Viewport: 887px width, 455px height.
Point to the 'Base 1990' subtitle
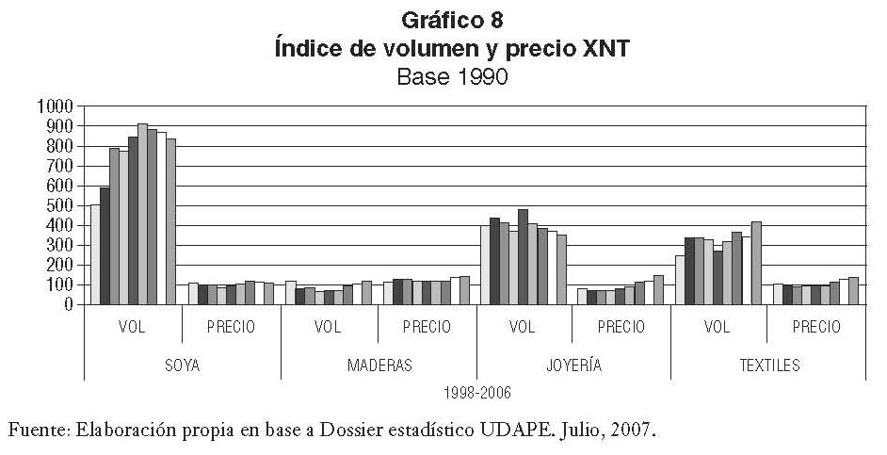coord(452,77)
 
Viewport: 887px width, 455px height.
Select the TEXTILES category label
coord(768,365)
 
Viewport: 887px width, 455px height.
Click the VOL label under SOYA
coord(133,327)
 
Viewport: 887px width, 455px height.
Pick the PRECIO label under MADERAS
coord(427,327)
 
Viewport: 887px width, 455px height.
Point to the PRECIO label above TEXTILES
coord(816,327)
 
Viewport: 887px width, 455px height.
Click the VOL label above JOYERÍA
coord(523,327)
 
